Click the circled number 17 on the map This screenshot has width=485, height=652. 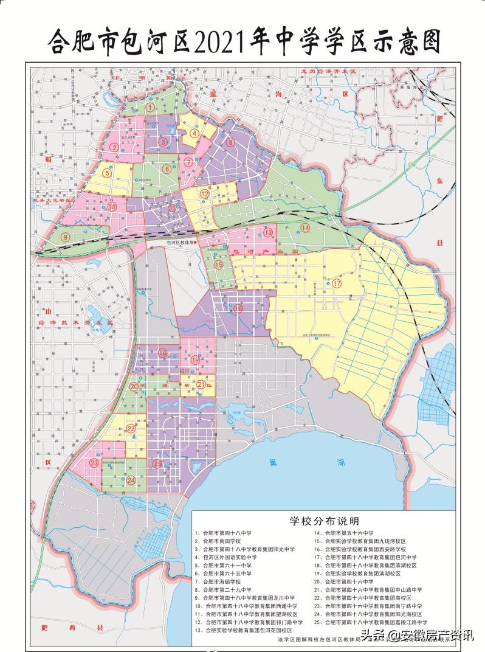337,283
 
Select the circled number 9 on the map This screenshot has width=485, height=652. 64,237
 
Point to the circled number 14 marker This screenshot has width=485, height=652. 305,227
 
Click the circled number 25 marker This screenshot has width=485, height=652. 158,464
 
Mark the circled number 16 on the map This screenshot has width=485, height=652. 238,308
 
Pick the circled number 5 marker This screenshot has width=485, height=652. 107,173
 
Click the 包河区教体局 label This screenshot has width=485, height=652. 180,241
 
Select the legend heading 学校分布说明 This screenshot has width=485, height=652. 323,521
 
